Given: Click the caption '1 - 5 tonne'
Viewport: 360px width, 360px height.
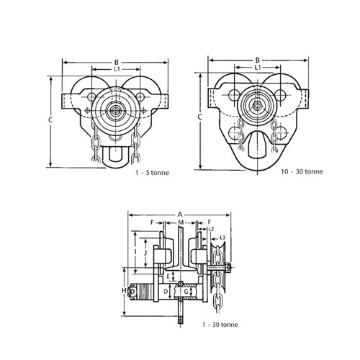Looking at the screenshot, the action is [x=152, y=173].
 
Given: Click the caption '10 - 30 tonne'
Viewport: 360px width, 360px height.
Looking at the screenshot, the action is [x=302, y=171].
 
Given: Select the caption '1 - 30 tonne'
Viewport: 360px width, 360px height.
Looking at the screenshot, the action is [x=220, y=325].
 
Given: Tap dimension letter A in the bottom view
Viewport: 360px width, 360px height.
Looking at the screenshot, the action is [x=180, y=215].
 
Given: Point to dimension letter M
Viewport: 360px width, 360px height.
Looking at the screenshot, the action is [x=181, y=222].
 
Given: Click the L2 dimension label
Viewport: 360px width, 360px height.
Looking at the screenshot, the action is [x=211, y=229].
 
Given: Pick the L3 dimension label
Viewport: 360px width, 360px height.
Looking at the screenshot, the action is [x=222, y=238].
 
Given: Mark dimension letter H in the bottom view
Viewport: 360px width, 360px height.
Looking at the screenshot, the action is [x=124, y=291].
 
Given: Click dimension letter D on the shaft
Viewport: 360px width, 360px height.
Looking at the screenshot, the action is [x=166, y=292].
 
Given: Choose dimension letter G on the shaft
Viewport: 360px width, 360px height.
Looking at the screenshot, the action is [x=186, y=292].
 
